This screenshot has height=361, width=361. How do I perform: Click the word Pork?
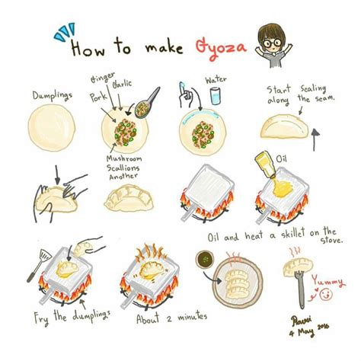click(98, 97)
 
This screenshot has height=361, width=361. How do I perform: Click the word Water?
click(216, 78)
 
